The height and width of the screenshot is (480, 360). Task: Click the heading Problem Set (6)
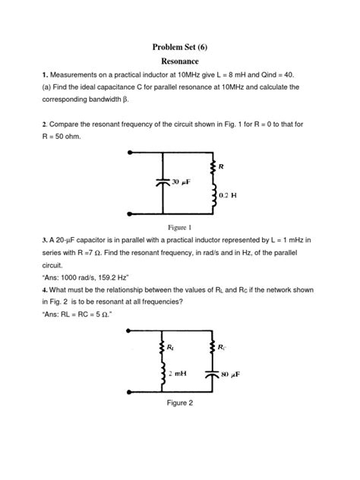tap(180, 46)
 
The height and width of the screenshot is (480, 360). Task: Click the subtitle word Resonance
tap(180, 61)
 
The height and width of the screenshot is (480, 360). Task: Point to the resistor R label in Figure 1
tap(221, 166)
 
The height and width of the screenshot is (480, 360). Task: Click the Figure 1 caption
tap(179, 227)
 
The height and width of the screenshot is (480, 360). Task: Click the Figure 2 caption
tap(179, 403)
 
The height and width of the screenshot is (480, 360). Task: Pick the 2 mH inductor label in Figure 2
tap(181, 373)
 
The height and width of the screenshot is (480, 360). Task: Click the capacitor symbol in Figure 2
tap(212, 374)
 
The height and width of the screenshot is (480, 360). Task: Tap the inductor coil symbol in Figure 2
tap(162, 372)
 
